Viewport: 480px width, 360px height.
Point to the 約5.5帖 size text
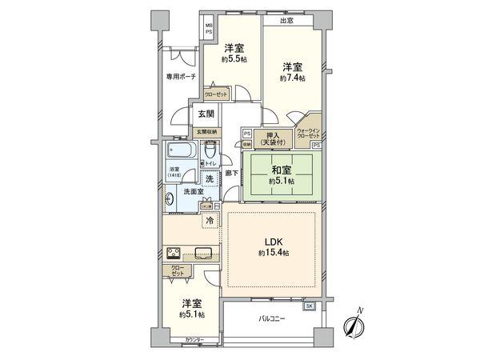coord(234,59)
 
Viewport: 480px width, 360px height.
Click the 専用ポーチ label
coord(181,77)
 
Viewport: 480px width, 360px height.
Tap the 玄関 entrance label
coord(205,114)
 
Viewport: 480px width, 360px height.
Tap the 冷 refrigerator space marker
coord(210,219)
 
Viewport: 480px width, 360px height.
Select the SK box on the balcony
coord(310,306)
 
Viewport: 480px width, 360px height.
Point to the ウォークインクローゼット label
coord(308,133)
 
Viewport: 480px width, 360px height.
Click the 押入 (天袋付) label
coord(272,138)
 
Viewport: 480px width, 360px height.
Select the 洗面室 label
coord(194,192)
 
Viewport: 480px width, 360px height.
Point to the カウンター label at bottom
coord(195,341)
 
